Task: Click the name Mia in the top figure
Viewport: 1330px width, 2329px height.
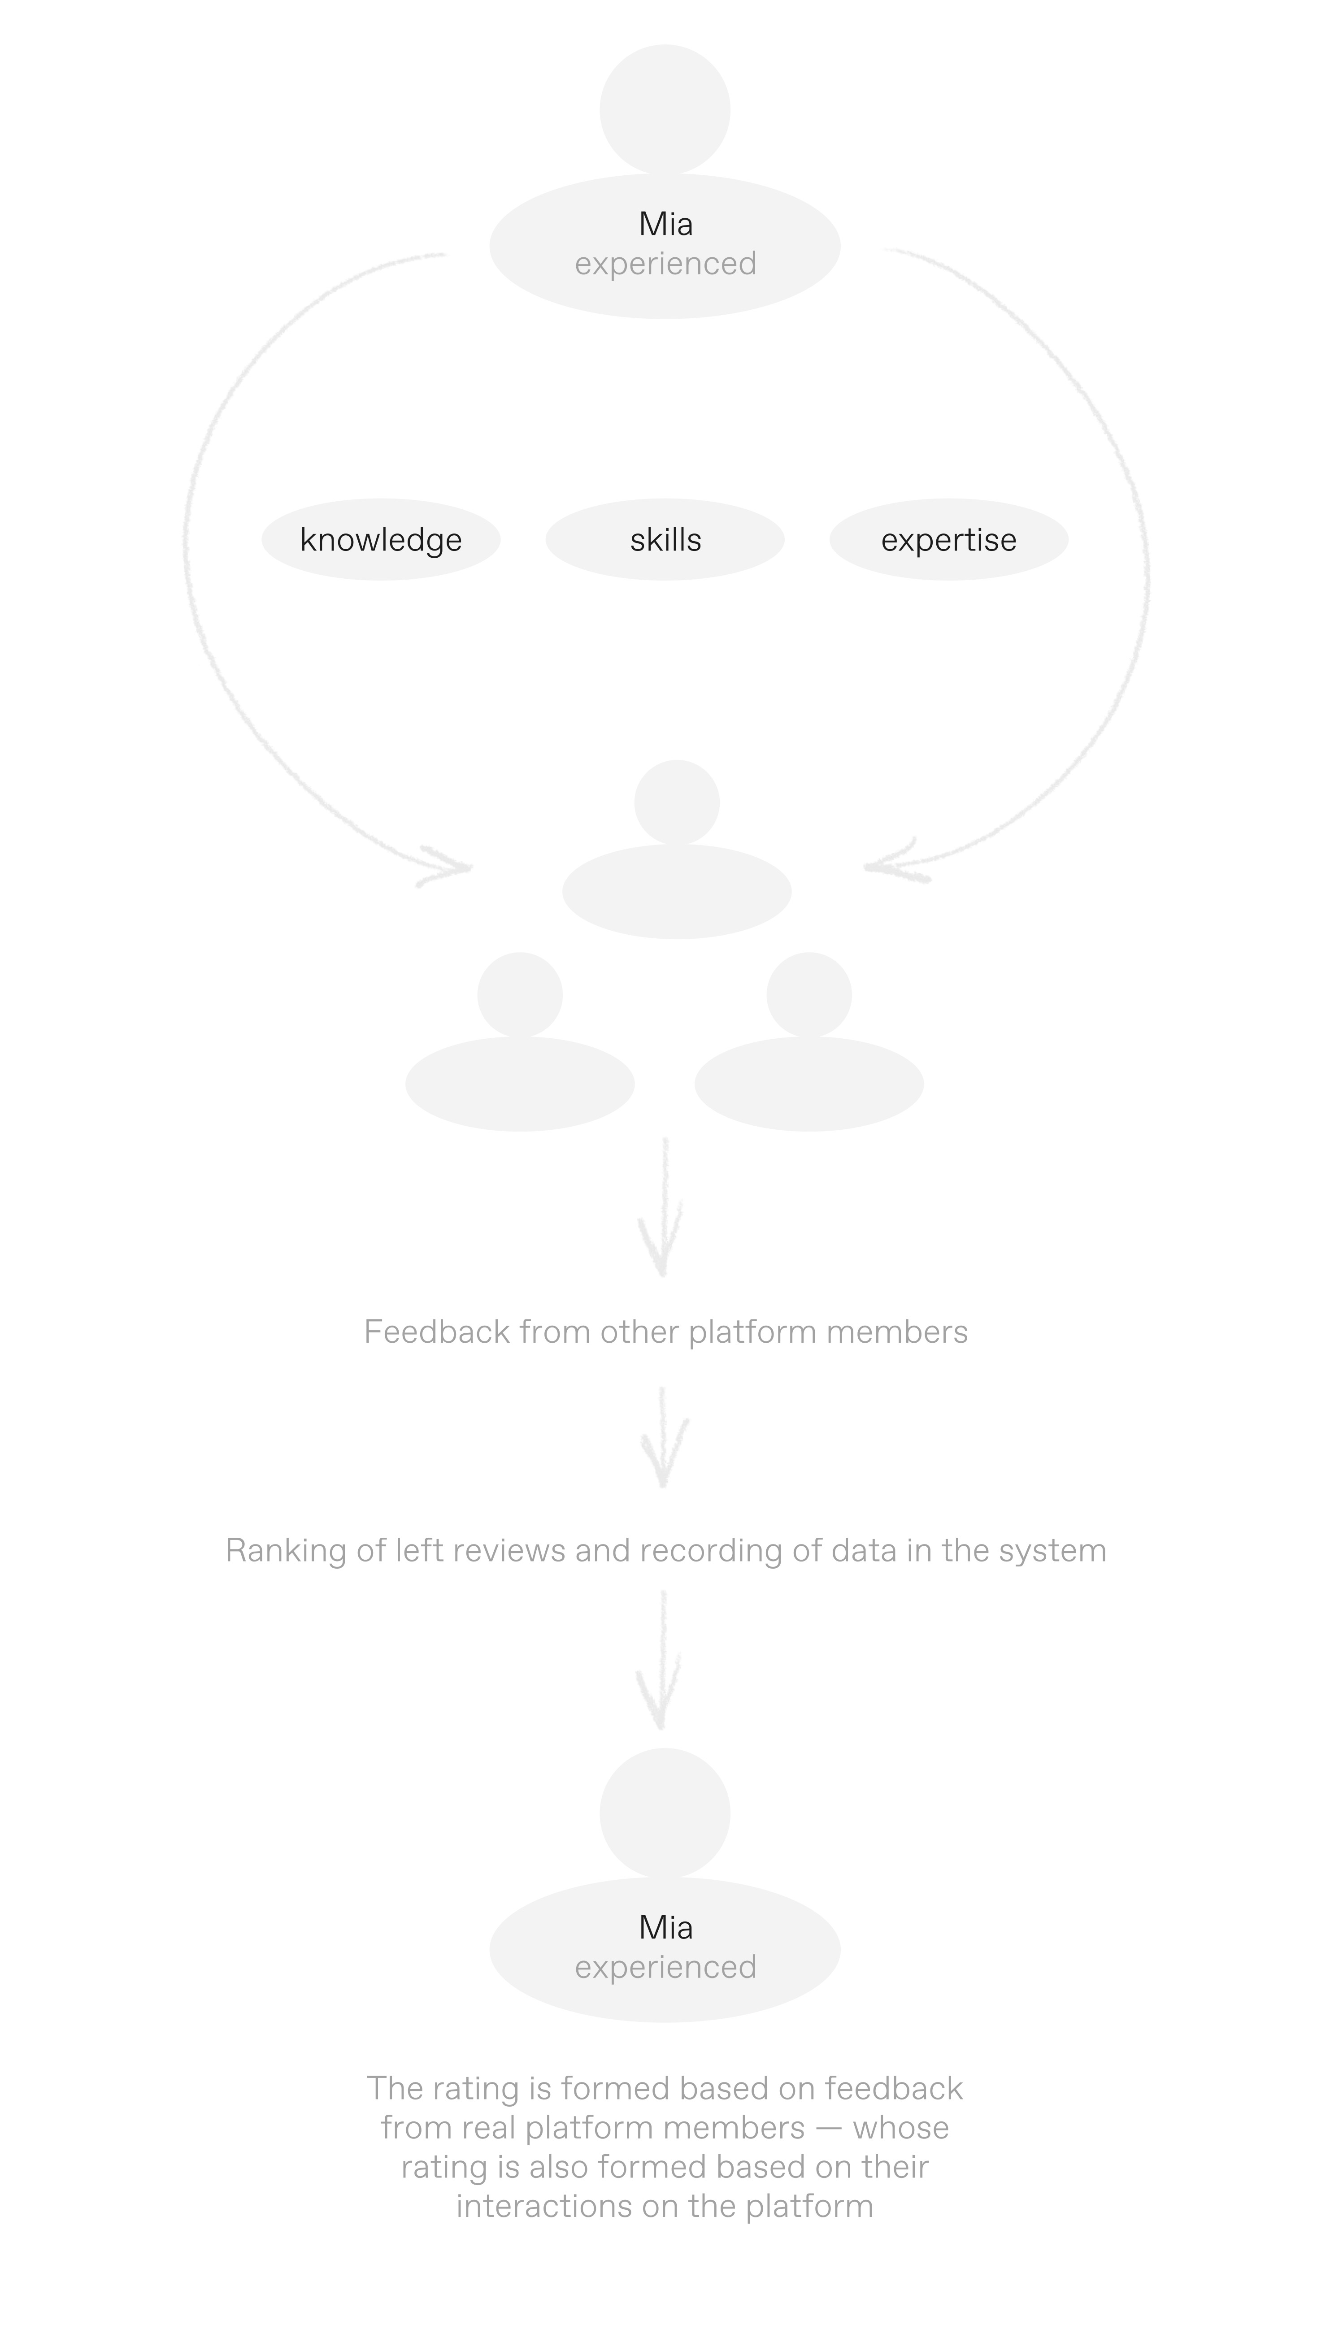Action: (665, 224)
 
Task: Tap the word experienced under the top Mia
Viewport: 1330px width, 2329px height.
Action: (665, 264)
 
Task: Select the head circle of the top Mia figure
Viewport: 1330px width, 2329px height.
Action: (665, 109)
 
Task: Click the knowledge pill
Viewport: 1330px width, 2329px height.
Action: (381, 540)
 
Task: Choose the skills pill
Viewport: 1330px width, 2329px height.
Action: (665, 540)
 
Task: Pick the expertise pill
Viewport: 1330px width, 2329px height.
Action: (949, 540)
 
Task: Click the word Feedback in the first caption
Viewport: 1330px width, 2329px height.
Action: (437, 1332)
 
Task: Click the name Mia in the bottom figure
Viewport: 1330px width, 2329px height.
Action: (665, 1927)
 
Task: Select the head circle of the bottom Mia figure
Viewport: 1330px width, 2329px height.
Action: (665, 1813)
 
